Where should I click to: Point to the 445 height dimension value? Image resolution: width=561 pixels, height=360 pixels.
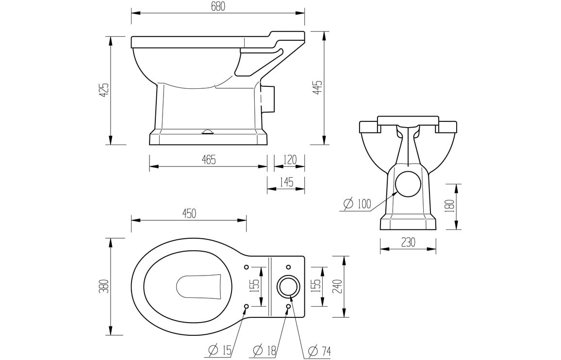(x=318, y=88)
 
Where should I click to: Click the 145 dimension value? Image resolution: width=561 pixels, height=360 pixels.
(x=286, y=182)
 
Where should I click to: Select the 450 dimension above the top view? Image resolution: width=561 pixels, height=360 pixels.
(x=189, y=213)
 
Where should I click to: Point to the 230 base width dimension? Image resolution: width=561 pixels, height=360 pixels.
(x=408, y=243)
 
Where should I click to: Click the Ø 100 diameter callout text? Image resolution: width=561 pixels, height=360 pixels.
(x=357, y=204)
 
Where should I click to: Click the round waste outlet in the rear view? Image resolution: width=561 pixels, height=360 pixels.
(x=408, y=184)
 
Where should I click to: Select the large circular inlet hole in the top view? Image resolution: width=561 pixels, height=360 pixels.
(x=288, y=287)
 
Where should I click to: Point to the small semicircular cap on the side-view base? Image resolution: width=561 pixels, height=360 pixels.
(x=208, y=131)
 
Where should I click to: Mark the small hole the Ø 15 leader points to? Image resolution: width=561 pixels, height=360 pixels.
(x=247, y=306)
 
